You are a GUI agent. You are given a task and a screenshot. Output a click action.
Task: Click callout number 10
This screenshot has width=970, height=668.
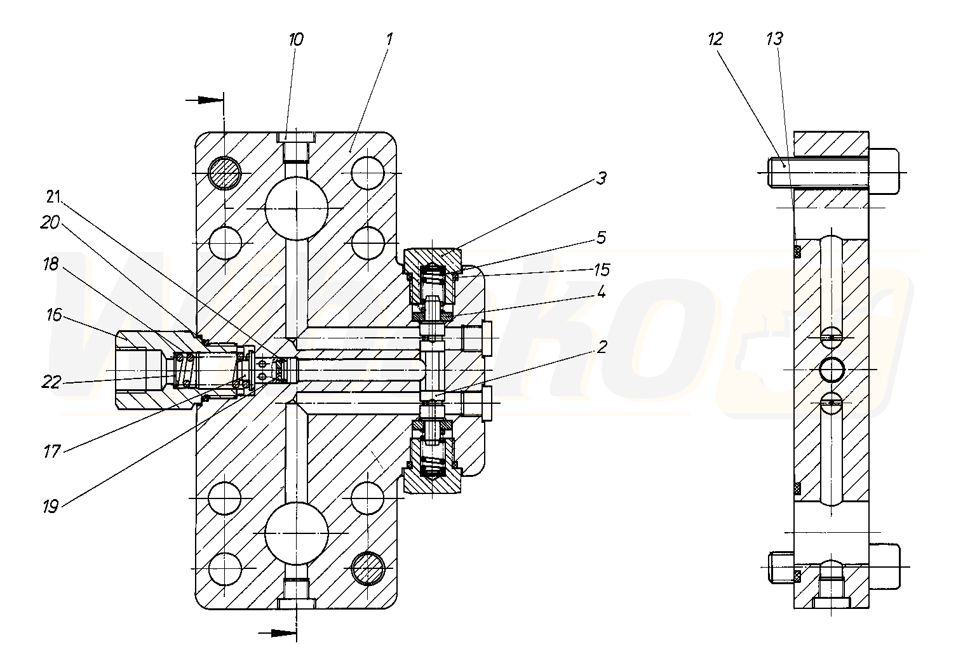pos(296,39)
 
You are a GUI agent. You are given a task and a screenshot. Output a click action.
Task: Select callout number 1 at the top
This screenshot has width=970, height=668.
pos(389,39)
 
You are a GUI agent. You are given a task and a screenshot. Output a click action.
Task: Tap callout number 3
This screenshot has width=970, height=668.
pos(600,178)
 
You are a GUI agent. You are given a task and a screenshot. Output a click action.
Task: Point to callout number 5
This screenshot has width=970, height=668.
pos(601,237)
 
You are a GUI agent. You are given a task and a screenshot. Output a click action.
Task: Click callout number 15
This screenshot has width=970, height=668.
pos(602,270)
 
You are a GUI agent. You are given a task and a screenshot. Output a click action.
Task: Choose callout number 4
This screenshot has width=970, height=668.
pos(601,293)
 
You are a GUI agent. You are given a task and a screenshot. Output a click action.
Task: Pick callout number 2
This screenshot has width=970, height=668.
pos(601,347)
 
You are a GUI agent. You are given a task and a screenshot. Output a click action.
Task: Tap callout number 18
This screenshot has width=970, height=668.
pos(51,264)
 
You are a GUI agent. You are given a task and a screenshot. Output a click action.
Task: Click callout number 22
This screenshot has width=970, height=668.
pos(52,381)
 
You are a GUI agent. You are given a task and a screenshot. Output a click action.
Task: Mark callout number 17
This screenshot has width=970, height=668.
pos(51,451)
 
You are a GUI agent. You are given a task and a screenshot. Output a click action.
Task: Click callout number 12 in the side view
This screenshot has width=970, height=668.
pos(715,39)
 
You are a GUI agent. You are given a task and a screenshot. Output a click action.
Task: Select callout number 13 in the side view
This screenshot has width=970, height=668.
pos(774,39)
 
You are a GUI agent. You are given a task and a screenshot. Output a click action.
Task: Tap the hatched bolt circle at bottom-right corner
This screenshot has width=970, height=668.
pos(368,567)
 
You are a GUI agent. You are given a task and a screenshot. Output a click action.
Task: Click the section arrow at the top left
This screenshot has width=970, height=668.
pos(206,100)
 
